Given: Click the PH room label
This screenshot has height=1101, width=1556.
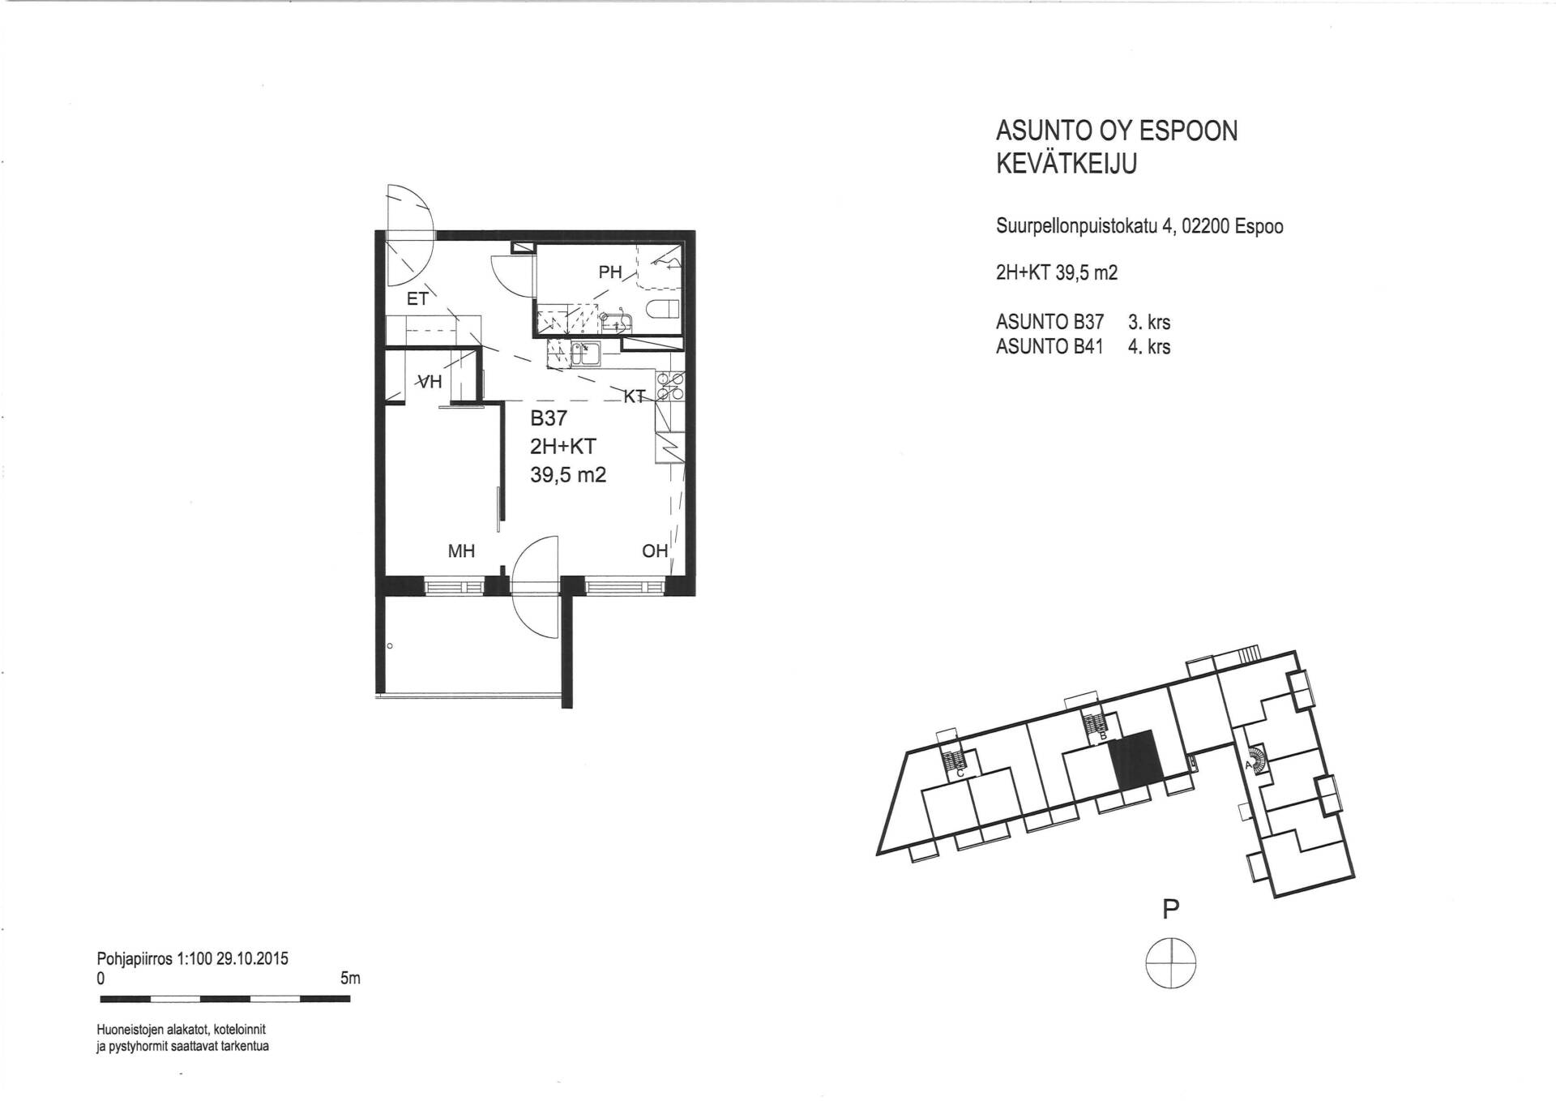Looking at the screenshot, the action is (609, 272).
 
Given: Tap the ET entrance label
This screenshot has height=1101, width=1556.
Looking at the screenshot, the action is (417, 299).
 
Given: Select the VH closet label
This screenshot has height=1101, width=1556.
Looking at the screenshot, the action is (429, 381).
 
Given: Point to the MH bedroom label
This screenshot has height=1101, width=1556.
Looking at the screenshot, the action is (461, 551).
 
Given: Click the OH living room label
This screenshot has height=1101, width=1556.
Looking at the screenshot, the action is (655, 551).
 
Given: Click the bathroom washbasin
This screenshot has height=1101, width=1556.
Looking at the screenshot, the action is (618, 322).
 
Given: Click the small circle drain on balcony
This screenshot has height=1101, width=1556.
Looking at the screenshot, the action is (390, 646).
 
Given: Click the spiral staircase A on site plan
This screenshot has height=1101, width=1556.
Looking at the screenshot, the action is (1256, 759).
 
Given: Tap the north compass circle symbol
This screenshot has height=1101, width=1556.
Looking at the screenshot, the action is (1170, 962).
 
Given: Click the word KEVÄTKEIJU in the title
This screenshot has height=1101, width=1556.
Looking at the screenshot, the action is (1067, 164).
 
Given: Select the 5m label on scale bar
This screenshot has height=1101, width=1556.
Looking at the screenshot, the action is (350, 979).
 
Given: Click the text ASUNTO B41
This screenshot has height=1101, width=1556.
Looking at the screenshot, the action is (1049, 347).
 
